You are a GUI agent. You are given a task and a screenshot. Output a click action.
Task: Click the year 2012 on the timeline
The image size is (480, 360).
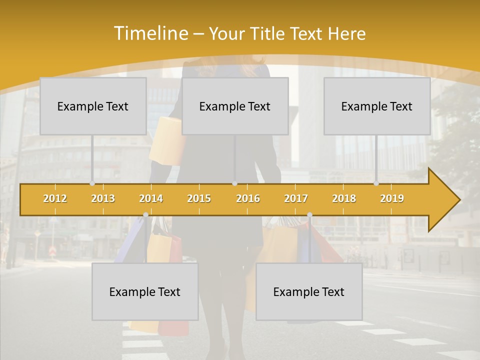(x=55, y=198)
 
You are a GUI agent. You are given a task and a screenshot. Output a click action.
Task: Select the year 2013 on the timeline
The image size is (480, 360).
(x=103, y=198)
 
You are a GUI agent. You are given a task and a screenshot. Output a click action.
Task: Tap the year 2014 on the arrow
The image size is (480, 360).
(x=151, y=198)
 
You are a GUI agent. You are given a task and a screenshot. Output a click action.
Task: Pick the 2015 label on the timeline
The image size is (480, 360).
(x=199, y=198)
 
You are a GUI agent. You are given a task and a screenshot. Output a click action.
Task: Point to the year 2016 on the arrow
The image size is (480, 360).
(x=248, y=198)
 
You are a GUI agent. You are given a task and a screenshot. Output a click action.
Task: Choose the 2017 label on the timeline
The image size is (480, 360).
(x=296, y=198)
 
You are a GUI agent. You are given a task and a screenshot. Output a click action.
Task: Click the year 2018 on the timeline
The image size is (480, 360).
(x=344, y=198)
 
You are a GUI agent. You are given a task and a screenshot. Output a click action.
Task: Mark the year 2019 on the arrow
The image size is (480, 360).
(x=392, y=198)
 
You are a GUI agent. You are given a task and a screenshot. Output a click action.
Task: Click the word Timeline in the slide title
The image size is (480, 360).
(x=149, y=33)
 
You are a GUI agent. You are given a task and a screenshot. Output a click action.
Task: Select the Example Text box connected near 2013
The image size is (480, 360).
(x=93, y=106)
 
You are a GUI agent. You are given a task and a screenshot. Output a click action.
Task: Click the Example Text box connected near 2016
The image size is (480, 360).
(x=235, y=106)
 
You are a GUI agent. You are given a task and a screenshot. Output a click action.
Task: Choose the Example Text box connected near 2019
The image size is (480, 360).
(x=377, y=106)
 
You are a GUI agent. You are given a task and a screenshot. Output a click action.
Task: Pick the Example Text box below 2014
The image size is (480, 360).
(x=145, y=291)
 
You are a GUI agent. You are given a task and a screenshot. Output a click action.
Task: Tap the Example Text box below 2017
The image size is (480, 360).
(x=309, y=291)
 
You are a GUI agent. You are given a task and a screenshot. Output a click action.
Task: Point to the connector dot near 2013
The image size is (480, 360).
(x=92, y=183)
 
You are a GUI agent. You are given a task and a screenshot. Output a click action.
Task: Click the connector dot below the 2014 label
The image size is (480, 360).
(x=145, y=215)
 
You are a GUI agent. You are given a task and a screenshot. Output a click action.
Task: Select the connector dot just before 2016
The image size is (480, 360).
(x=234, y=183)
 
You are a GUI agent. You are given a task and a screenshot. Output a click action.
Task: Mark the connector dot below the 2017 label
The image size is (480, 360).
(x=309, y=215)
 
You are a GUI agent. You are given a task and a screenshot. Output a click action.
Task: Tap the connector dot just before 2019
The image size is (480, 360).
(x=376, y=183)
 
